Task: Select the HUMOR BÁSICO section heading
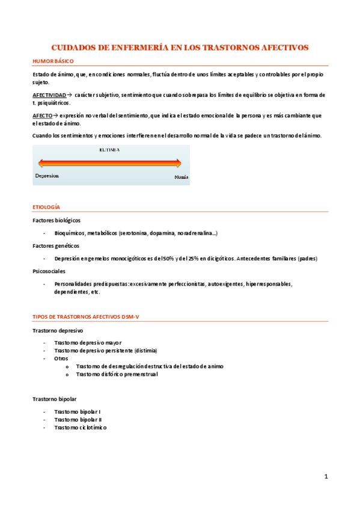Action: coord(53,61)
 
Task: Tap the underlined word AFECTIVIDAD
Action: coord(49,95)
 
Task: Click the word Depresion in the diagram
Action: coord(47,176)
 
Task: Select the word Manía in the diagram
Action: coord(182,177)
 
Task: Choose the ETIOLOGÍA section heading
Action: coord(46,207)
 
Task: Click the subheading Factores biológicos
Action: coord(56,220)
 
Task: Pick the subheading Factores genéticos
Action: coord(55,245)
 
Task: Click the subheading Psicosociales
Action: coord(49,271)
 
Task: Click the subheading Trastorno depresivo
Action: coord(58,330)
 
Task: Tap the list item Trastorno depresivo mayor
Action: coord(88,343)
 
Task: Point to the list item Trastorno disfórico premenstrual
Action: coord(117,374)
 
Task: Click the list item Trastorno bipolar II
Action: coord(78,419)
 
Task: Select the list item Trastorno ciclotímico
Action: coord(80,427)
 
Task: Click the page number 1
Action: coord(326,477)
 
